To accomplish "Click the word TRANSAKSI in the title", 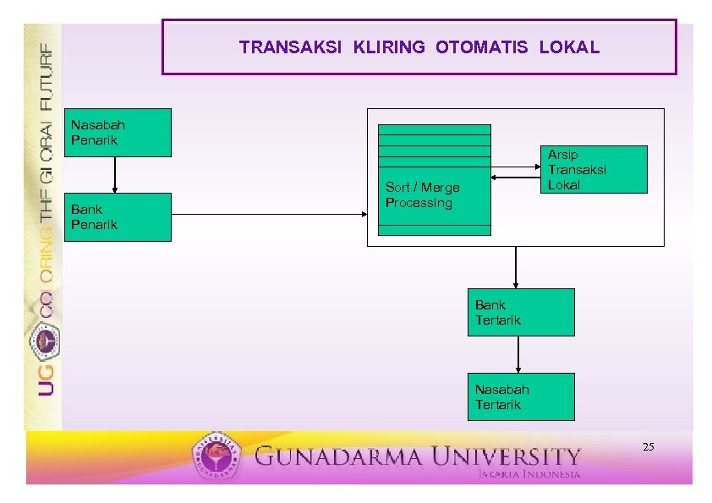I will pos(290,47).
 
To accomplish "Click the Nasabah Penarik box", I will pos(119,133).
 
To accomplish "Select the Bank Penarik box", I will pos(119,217).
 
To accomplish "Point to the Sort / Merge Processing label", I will pos(423,195).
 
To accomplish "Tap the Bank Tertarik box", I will pos(521,313).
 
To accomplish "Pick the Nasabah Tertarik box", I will pos(521,397).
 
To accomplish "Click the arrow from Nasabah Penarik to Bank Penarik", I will pos(115,175).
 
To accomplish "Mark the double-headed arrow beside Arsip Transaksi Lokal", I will pos(516,178).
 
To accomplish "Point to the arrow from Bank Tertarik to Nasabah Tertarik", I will pos(518,354).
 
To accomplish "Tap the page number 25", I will pos(649,446).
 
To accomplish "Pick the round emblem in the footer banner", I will pos(216,457).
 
